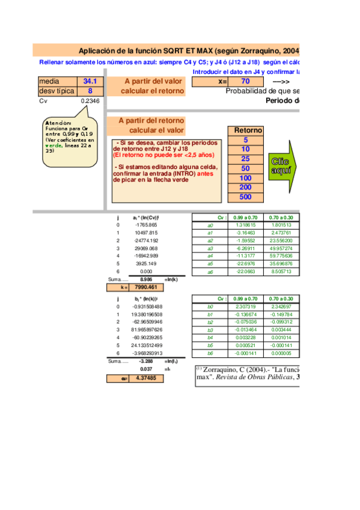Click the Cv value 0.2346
pyautogui.click(x=90, y=101)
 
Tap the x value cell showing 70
pyautogui.click(x=245, y=81)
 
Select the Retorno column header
pyautogui.click(x=248, y=130)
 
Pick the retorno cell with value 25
pyautogui.click(x=245, y=159)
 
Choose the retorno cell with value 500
pyautogui.click(x=245, y=197)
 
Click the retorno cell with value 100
pyautogui.click(x=245, y=178)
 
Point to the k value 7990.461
pyautogui.click(x=145, y=287)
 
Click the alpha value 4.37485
pyautogui.click(x=145, y=378)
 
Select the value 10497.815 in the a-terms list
pyautogui.click(x=145, y=232)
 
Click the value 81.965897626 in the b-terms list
pyautogui.click(x=145, y=330)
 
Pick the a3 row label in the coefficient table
pyautogui.click(x=210, y=248)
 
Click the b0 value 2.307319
pyautogui.click(x=245, y=306)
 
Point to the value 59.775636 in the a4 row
pyautogui.click(x=281, y=256)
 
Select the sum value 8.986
pyautogui.click(x=145, y=280)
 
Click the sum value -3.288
pyautogui.click(x=145, y=361)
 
